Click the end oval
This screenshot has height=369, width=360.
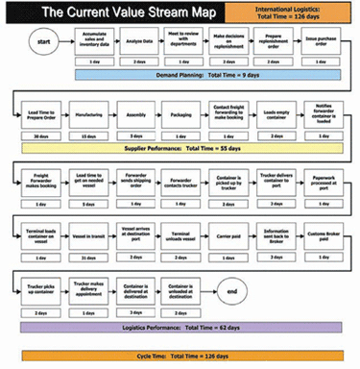click(x=230, y=289)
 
